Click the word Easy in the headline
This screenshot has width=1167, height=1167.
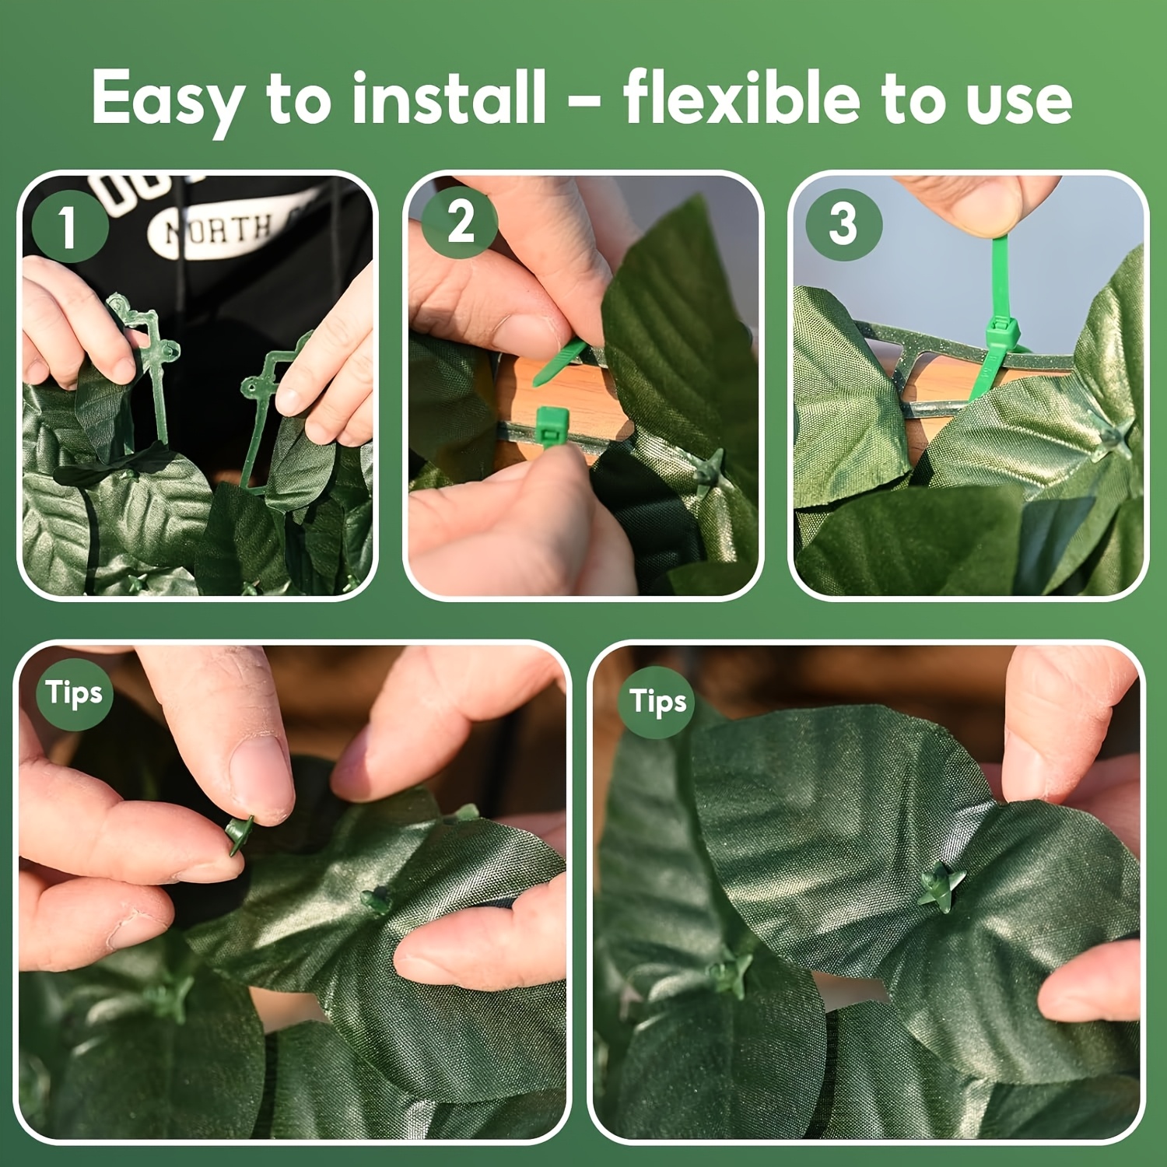(x=166, y=100)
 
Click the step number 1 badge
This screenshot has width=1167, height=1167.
(x=69, y=226)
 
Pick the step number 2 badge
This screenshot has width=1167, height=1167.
(x=461, y=222)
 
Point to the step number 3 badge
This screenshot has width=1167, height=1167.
(x=843, y=225)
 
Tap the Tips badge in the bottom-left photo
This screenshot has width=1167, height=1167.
(x=74, y=693)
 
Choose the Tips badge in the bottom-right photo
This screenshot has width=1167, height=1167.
(x=658, y=701)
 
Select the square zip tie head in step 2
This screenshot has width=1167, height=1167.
(x=550, y=426)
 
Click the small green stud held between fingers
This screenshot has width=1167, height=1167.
(x=240, y=833)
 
